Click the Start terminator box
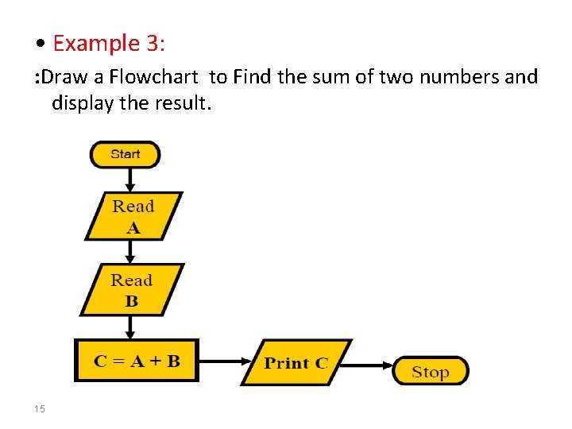point(125,154)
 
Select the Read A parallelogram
point(133,216)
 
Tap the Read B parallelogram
point(132,290)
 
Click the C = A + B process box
point(137,361)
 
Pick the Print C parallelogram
point(296,363)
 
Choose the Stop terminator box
point(431,372)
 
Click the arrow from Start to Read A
point(129,180)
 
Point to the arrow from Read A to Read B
point(131,252)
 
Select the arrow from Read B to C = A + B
point(131,327)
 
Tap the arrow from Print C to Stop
point(371,366)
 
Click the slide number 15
point(40,409)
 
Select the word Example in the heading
point(96,43)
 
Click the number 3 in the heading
point(153,43)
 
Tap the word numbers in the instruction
point(458,77)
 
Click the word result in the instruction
point(182,102)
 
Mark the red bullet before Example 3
point(40,44)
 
